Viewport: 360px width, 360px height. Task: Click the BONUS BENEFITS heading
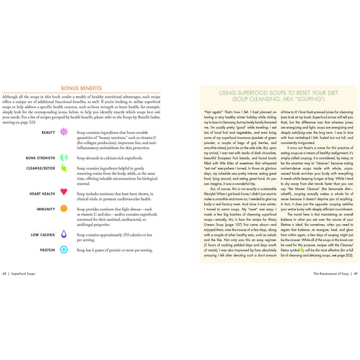[x=81, y=88]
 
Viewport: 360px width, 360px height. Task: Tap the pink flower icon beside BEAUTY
[x=64, y=132]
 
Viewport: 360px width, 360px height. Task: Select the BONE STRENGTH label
[x=41, y=158]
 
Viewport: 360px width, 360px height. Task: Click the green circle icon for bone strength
[x=64, y=158]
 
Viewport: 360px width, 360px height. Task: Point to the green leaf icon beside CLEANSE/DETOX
[x=64, y=168]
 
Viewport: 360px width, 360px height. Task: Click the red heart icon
[x=64, y=192]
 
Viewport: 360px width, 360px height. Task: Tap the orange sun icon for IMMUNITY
[x=64, y=209]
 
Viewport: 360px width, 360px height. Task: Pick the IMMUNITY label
[x=46, y=209]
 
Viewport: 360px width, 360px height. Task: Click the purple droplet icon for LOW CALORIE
[x=64, y=234]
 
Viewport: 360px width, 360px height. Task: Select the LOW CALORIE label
[x=43, y=235]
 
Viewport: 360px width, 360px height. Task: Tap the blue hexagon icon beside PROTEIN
[x=64, y=250]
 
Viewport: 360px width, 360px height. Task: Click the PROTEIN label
[x=47, y=250]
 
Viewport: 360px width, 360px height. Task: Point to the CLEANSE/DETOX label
[x=41, y=168]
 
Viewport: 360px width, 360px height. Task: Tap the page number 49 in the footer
[x=354, y=288]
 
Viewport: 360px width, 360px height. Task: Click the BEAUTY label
[x=48, y=132]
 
